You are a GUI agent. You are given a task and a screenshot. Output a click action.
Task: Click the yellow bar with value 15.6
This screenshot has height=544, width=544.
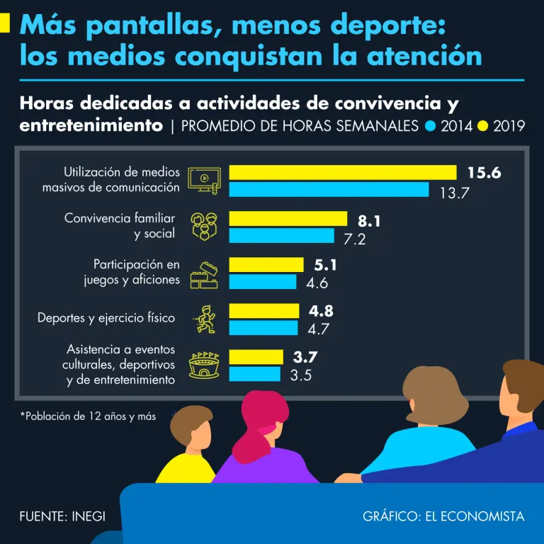(x=342, y=172)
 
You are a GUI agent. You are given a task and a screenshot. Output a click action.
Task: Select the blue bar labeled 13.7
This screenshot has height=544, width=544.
(x=329, y=190)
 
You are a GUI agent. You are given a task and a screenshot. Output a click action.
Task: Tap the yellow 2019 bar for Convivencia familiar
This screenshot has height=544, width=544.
(x=288, y=219)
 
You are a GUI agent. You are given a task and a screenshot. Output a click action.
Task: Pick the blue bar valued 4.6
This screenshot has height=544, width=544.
(x=262, y=282)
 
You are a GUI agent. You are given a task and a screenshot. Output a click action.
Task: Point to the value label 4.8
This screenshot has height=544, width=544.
(x=321, y=311)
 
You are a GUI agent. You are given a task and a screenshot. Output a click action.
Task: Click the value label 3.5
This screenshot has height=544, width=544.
(x=301, y=375)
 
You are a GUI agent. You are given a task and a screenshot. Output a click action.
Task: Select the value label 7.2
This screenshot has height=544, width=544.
(x=354, y=239)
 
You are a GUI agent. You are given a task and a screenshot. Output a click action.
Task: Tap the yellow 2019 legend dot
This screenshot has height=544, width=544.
(x=483, y=127)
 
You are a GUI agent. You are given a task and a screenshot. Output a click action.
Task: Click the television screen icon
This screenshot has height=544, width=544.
(x=204, y=180)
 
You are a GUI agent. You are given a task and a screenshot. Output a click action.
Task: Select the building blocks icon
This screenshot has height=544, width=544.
(x=204, y=273)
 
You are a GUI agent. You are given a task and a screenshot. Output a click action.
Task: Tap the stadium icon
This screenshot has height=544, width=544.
(x=204, y=365)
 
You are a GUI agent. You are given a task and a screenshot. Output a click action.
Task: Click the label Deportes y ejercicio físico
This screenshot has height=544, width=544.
(x=106, y=318)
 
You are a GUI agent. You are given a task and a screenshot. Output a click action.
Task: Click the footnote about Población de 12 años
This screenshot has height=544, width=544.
(x=88, y=416)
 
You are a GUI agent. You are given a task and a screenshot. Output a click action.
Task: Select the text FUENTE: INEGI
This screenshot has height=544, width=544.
(x=62, y=516)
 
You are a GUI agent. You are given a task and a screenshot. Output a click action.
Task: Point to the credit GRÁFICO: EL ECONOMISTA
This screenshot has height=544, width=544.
(x=443, y=516)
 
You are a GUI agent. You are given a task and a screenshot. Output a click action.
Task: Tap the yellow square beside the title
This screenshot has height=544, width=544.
(x=4, y=25)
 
